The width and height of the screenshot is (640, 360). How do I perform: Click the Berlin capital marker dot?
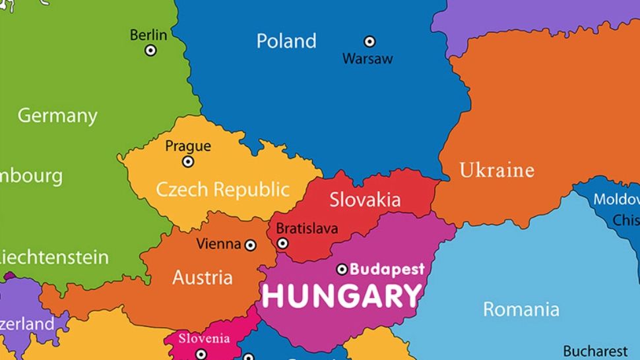click(x=151, y=50)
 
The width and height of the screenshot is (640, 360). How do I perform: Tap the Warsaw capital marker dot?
click(x=369, y=42)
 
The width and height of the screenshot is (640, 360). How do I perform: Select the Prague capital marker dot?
click(x=188, y=162)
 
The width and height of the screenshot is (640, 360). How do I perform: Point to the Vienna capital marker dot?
click(x=251, y=245)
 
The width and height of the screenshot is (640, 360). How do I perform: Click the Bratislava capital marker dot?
click(x=282, y=243)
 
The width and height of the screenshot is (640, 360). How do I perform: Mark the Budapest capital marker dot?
click(x=342, y=269)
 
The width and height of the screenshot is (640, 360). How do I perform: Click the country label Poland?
click(x=286, y=41)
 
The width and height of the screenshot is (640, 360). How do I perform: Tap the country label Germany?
click(x=57, y=116)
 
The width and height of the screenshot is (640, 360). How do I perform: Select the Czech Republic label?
click(x=222, y=190)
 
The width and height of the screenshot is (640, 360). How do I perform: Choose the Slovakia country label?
click(x=365, y=199)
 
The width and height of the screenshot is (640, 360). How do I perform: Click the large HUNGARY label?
click(x=341, y=296)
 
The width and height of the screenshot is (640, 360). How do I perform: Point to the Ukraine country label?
click(x=496, y=170)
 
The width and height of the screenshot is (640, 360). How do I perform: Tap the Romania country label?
click(x=521, y=309)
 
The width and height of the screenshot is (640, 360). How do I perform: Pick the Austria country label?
click(x=203, y=278)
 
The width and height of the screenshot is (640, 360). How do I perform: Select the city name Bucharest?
click(x=595, y=351)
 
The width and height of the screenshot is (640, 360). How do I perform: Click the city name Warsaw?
click(x=367, y=59)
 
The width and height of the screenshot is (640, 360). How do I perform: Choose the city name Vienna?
click(x=218, y=245)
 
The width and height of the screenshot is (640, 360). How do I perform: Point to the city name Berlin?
click(x=148, y=35)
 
